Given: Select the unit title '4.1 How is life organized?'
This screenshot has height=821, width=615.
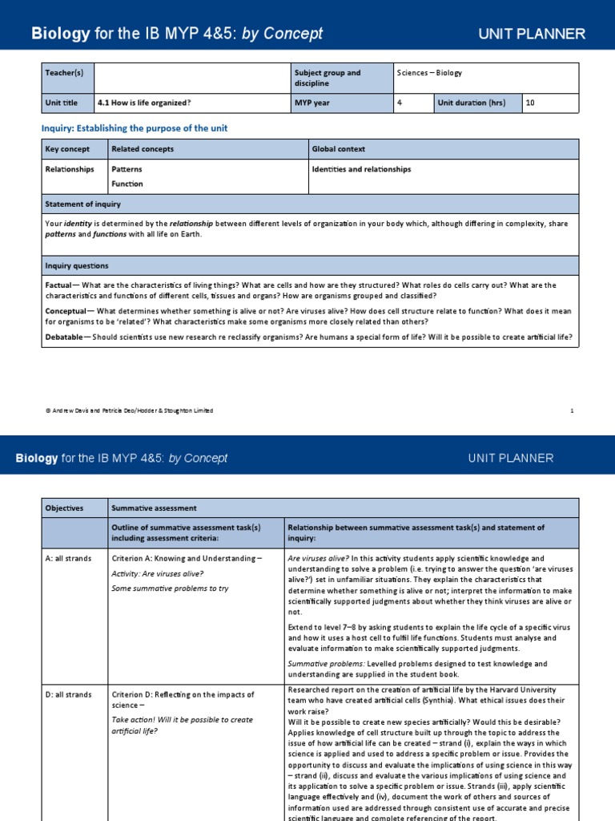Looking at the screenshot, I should click(144, 103).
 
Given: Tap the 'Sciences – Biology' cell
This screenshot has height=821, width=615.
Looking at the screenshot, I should click(429, 73).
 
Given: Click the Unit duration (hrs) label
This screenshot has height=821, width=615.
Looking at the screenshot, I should click(473, 103).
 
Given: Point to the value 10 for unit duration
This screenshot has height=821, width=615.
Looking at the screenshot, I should click(531, 103).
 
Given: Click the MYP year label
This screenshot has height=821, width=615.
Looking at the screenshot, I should click(313, 103).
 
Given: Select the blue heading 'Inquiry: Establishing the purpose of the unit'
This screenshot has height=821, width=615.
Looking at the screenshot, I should click(139, 128).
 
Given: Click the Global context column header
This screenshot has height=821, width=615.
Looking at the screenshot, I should click(340, 149).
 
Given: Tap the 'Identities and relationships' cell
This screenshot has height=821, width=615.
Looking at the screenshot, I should click(361, 169).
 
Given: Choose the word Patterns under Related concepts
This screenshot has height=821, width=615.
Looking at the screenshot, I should click(127, 169).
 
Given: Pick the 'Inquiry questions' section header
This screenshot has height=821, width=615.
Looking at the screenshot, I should click(77, 265).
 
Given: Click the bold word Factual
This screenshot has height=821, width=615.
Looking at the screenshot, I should click(59, 285).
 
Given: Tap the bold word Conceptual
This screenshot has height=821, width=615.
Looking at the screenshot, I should click(66, 311).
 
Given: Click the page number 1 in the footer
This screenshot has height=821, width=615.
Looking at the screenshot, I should click(572, 410).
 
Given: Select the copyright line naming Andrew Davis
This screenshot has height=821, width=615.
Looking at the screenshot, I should click(129, 410).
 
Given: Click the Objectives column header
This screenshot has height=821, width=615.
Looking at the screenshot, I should click(64, 508).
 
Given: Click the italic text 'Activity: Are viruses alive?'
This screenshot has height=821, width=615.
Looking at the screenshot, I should click(158, 573).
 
